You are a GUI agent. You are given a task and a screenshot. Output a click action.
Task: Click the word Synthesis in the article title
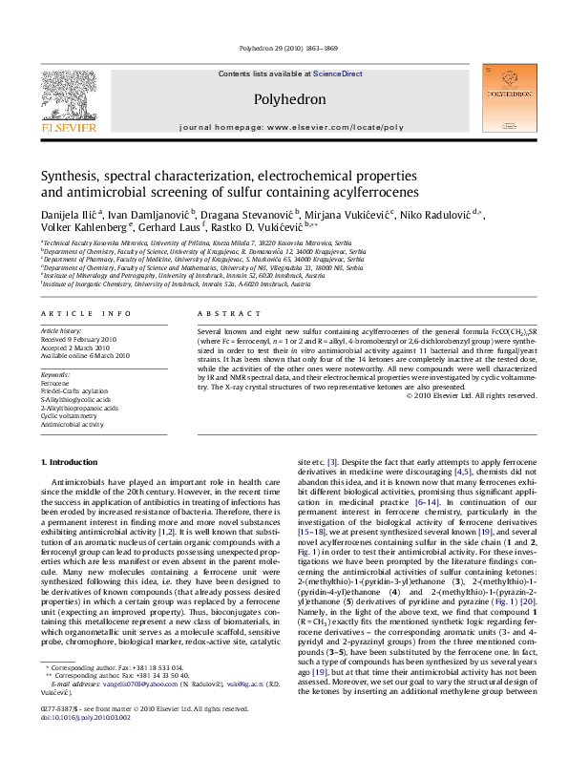pos(70,177)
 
